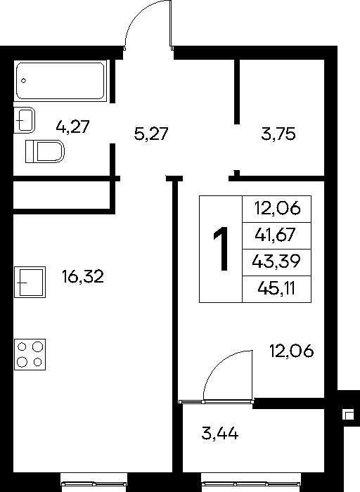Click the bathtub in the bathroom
(60, 81)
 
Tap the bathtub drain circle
(23, 81)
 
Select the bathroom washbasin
(24, 120)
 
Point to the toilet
(45, 151)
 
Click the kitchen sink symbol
(30, 282)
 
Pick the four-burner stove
(30, 354)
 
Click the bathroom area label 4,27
(73, 127)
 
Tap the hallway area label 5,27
(151, 134)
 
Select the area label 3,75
(278, 134)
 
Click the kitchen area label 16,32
(83, 277)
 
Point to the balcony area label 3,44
(219, 434)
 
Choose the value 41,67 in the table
(275, 234)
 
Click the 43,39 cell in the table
(276, 261)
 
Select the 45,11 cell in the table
(276, 288)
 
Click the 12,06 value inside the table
(277, 208)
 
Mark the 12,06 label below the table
(291, 351)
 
